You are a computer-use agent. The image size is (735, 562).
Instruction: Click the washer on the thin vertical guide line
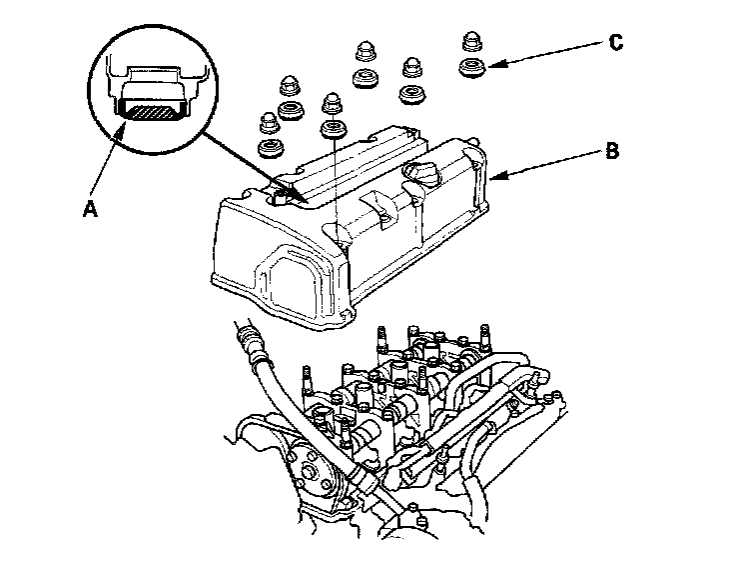point(332,130)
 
